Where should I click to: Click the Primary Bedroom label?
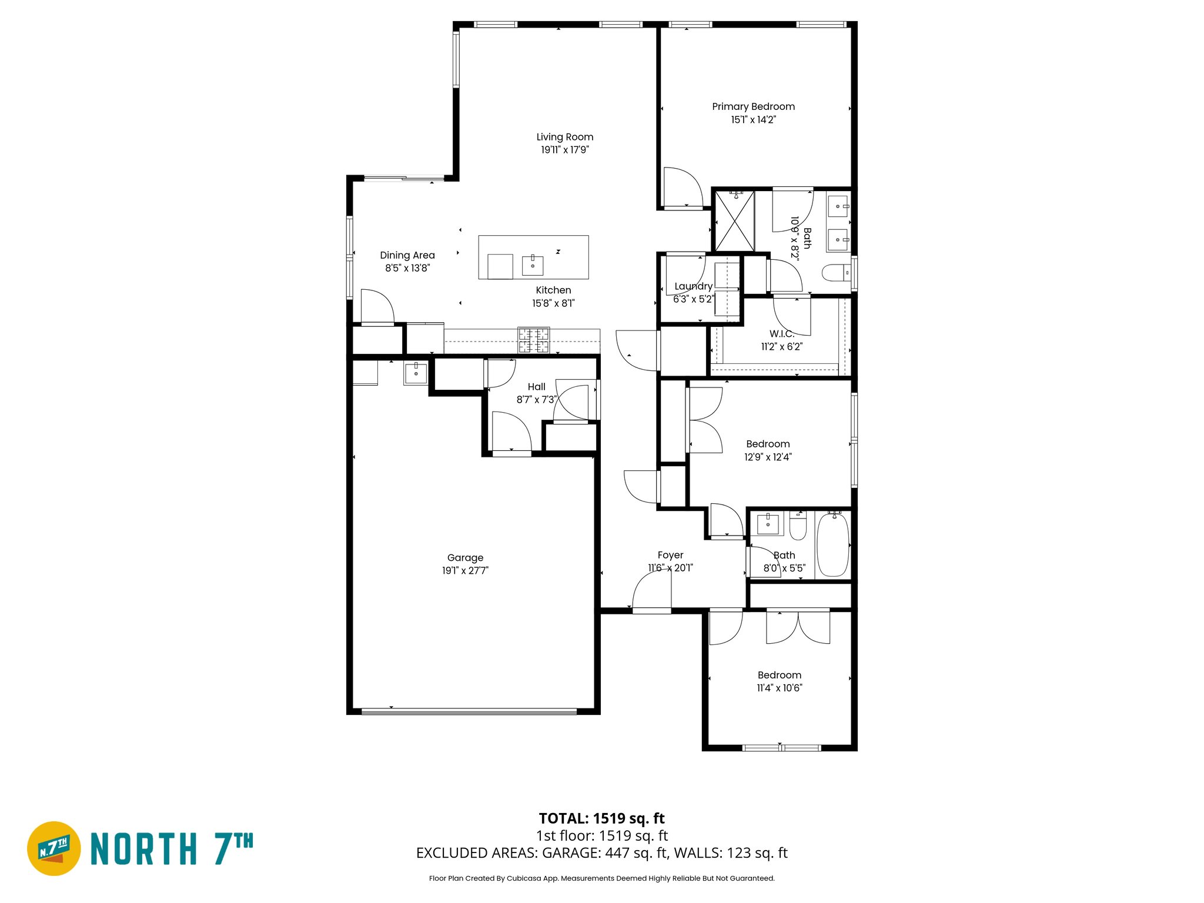(x=753, y=106)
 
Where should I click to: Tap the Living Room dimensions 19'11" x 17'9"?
(x=564, y=150)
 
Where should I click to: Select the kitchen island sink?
(x=533, y=265)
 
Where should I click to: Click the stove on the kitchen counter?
(x=533, y=340)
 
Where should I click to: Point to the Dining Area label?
(x=407, y=255)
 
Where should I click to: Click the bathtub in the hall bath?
(x=833, y=544)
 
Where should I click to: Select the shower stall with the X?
(x=734, y=221)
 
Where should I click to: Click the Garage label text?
(x=465, y=557)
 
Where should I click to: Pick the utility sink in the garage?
(x=416, y=373)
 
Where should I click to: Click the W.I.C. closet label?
(x=781, y=334)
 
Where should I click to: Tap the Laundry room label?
(x=693, y=286)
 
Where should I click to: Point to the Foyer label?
(x=670, y=555)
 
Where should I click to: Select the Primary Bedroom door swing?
(x=683, y=187)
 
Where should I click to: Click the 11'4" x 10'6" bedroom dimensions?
(x=779, y=688)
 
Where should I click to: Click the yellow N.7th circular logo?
(x=54, y=848)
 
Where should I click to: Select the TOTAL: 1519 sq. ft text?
(x=601, y=818)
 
